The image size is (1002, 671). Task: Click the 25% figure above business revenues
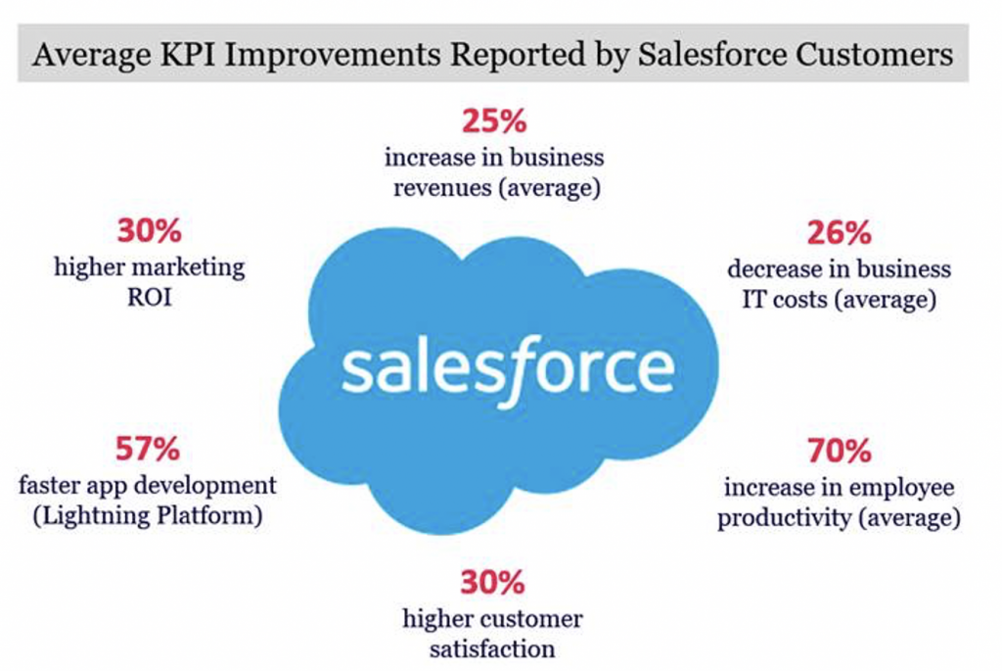click(x=494, y=120)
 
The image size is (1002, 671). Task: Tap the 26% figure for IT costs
click(x=839, y=233)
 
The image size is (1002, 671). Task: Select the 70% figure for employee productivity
click(x=839, y=451)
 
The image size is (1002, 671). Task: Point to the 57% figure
click(x=148, y=449)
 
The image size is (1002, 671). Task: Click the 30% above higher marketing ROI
click(x=150, y=230)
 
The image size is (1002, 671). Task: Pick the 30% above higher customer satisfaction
click(x=493, y=582)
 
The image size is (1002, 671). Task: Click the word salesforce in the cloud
click(x=508, y=371)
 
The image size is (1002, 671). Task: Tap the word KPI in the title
click(x=187, y=54)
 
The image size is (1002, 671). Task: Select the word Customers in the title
click(x=874, y=54)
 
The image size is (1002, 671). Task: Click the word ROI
click(x=150, y=298)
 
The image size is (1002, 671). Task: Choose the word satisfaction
click(x=492, y=649)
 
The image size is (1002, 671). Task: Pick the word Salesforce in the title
click(x=712, y=54)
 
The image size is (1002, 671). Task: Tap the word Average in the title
click(x=92, y=55)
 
